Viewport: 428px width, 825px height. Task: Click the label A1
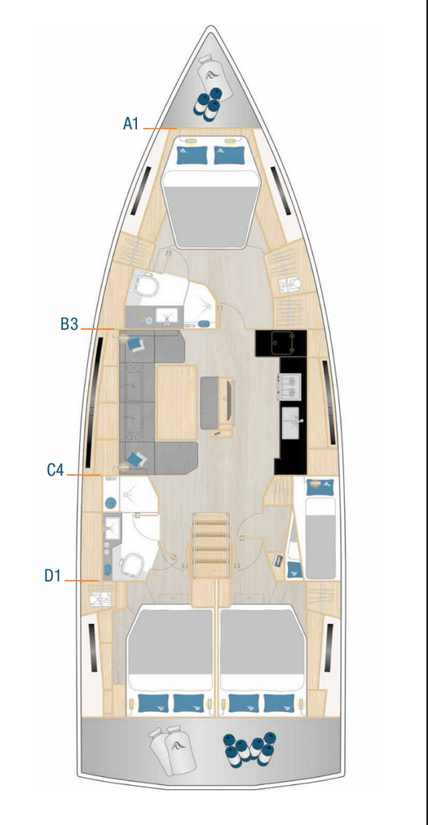click(x=131, y=124)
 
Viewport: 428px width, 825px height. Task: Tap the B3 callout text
click(x=68, y=324)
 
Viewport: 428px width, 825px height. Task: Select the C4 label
click(x=55, y=470)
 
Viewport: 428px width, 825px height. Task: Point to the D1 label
click(x=53, y=576)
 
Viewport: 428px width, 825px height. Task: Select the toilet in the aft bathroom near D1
click(x=130, y=563)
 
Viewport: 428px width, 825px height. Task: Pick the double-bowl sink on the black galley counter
click(x=291, y=384)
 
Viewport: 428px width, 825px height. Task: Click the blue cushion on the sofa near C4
click(x=135, y=459)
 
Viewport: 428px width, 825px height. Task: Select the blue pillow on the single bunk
click(x=314, y=486)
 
